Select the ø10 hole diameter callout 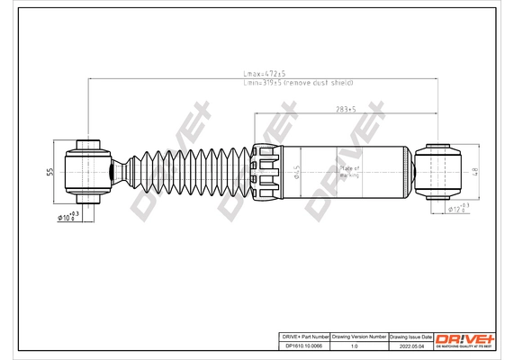68,216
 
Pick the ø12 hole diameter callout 458,209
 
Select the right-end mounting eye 440,170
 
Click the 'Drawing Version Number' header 359,334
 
